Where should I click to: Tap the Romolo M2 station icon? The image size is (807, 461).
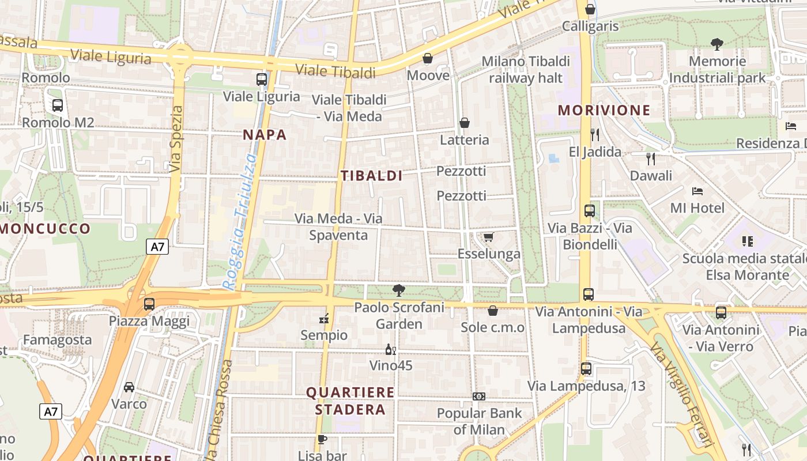tap(57, 105)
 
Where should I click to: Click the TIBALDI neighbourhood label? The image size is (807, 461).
tap(372, 176)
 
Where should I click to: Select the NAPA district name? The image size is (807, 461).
tap(265, 135)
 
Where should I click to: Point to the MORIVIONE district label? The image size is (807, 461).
tap(604, 110)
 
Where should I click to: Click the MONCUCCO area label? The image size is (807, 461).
tap(46, 229)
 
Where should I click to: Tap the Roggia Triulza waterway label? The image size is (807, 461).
tap(240, 222)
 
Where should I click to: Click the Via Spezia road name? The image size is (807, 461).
tap(176, 139)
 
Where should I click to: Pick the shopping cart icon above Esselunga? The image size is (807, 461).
tap(488, 237)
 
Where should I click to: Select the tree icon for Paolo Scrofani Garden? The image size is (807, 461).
tap(398, 290)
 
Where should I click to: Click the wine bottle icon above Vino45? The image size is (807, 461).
tap(390, 349)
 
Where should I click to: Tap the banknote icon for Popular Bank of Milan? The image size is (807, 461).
tap(479, 396)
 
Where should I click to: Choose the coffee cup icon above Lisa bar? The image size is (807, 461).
tap(322, 440)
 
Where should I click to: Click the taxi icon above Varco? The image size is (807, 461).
tap(129, 387)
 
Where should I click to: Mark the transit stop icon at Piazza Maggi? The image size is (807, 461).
tap(149, 304)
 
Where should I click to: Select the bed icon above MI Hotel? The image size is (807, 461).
tap(697, 191)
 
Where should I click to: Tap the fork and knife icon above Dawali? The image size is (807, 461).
tap(651, 158)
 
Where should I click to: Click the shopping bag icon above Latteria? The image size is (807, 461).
tap(465, 123)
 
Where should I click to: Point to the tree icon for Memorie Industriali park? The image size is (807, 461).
tap(718, 44)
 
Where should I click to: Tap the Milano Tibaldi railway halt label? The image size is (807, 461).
tap(526, 69)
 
